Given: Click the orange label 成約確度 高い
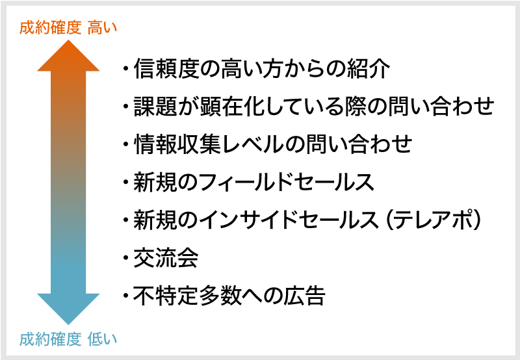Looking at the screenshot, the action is coord(68,27).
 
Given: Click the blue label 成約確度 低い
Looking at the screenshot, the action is coord(68,339).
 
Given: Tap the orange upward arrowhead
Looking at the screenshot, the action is coord(68,56).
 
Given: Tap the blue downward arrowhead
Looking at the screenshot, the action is coord(68,309).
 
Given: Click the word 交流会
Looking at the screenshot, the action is coord(166,257).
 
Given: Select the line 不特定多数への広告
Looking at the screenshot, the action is coord(229,296).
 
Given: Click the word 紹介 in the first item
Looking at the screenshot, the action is coord(369,69).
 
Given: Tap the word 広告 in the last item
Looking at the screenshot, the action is coord(304,296).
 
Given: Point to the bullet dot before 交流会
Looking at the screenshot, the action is coord(125,257).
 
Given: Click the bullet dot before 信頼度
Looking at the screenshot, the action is coord(125,69).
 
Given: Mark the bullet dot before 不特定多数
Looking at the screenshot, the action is coord(125,296).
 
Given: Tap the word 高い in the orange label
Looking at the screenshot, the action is coord(103,27).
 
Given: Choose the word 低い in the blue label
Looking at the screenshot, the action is coord(103,339).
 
